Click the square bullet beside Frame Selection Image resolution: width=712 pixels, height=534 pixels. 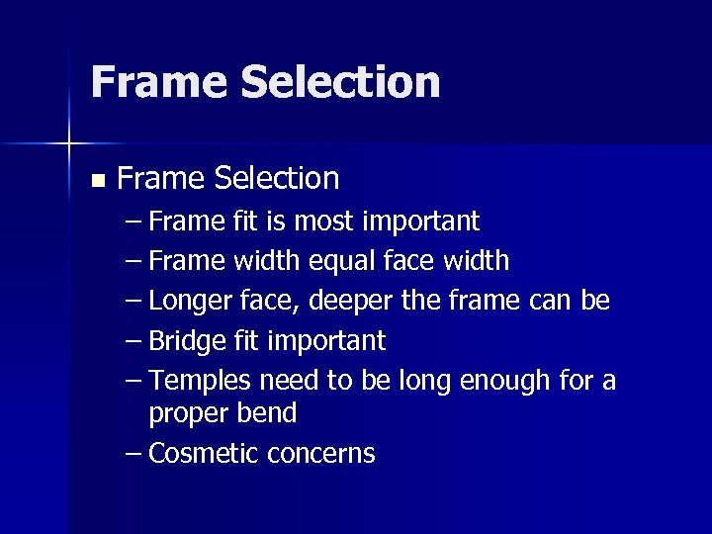(96, 181)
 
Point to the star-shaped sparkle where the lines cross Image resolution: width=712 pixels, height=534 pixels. (69, 144)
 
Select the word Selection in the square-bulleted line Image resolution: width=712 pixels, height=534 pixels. (276, 179)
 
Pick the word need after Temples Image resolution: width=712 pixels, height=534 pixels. (291, 381)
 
